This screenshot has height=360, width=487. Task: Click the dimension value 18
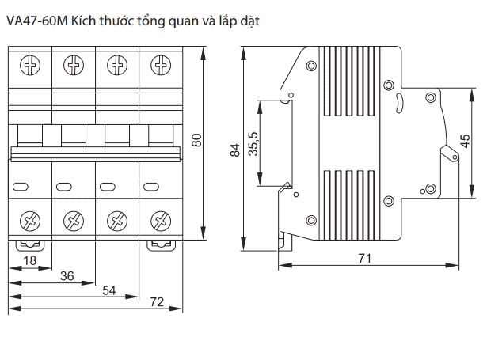(30, 260)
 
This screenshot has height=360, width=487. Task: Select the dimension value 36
(67, 275)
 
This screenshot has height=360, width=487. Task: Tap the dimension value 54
(110, 290)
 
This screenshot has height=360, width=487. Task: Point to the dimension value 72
(156, 301)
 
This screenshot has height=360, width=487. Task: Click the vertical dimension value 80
(197, 142)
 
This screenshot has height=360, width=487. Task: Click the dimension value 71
(365, 258)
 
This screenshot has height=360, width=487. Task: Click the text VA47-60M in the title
(36, 21)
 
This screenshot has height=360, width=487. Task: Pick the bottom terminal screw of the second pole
(74, 220)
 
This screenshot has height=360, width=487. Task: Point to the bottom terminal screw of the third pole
(117, 220)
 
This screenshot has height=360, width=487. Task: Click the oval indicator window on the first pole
(21, 187)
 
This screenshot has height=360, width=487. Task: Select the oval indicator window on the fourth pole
(151, 187)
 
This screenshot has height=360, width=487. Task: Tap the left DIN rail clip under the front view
(30, 244)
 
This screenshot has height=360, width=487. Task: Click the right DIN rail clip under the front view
(161, 244)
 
